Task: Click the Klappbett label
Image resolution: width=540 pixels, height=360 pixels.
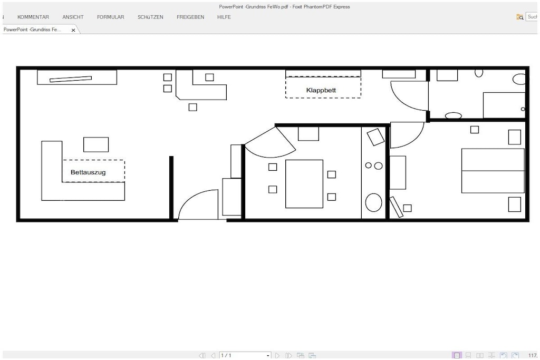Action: click(x=321, y=90)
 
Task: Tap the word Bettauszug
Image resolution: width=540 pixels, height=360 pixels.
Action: click(x=88, y=172)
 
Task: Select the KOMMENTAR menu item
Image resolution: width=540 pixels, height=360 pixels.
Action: click(x=33, y=17)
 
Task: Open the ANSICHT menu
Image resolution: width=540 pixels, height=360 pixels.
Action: click(x=73, y=17)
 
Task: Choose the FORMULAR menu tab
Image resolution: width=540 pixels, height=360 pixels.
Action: click(x=111, y=17)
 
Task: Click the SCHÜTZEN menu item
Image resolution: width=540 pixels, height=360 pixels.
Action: click(x=150, y=17)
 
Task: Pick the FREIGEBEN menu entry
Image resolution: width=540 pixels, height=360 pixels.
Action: click(x=190, y=17)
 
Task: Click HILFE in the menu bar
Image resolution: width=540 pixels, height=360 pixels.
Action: click(x=224, y=17)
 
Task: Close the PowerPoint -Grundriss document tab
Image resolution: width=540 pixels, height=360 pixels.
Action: click(x=73, y=30)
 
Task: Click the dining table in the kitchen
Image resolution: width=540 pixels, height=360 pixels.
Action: click(x=304, y=184)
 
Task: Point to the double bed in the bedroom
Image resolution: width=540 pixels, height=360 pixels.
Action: click(x=493, y=171)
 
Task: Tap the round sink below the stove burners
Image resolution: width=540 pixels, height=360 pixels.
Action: click(x=374, y=202)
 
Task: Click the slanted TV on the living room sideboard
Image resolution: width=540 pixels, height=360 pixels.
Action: click(x=71, y=79)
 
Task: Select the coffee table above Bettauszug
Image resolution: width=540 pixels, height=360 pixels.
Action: click(x=96, y=144)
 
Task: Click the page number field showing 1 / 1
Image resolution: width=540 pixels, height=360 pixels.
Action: click(x=245, y=355)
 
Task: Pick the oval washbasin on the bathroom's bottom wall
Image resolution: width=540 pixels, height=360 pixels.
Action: click(x=453, y=115)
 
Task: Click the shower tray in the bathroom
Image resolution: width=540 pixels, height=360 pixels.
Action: click(x=504, y=105)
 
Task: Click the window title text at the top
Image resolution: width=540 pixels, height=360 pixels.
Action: click(x=284, y=6)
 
